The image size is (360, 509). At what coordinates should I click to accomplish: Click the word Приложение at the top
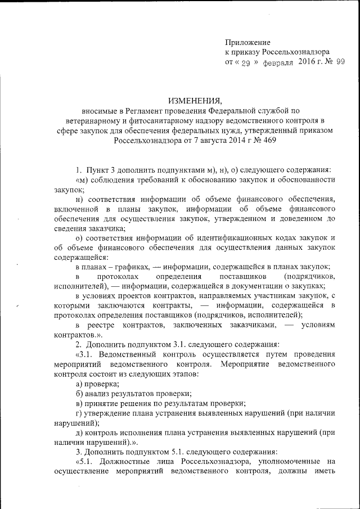pos(247,42)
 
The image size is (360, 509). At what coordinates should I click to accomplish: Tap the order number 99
pos(340,62)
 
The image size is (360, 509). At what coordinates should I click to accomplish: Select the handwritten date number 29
pos(245,63)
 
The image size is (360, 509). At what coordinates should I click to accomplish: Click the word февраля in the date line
pos(278,62)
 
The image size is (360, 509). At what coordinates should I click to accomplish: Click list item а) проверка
pos(92,383)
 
